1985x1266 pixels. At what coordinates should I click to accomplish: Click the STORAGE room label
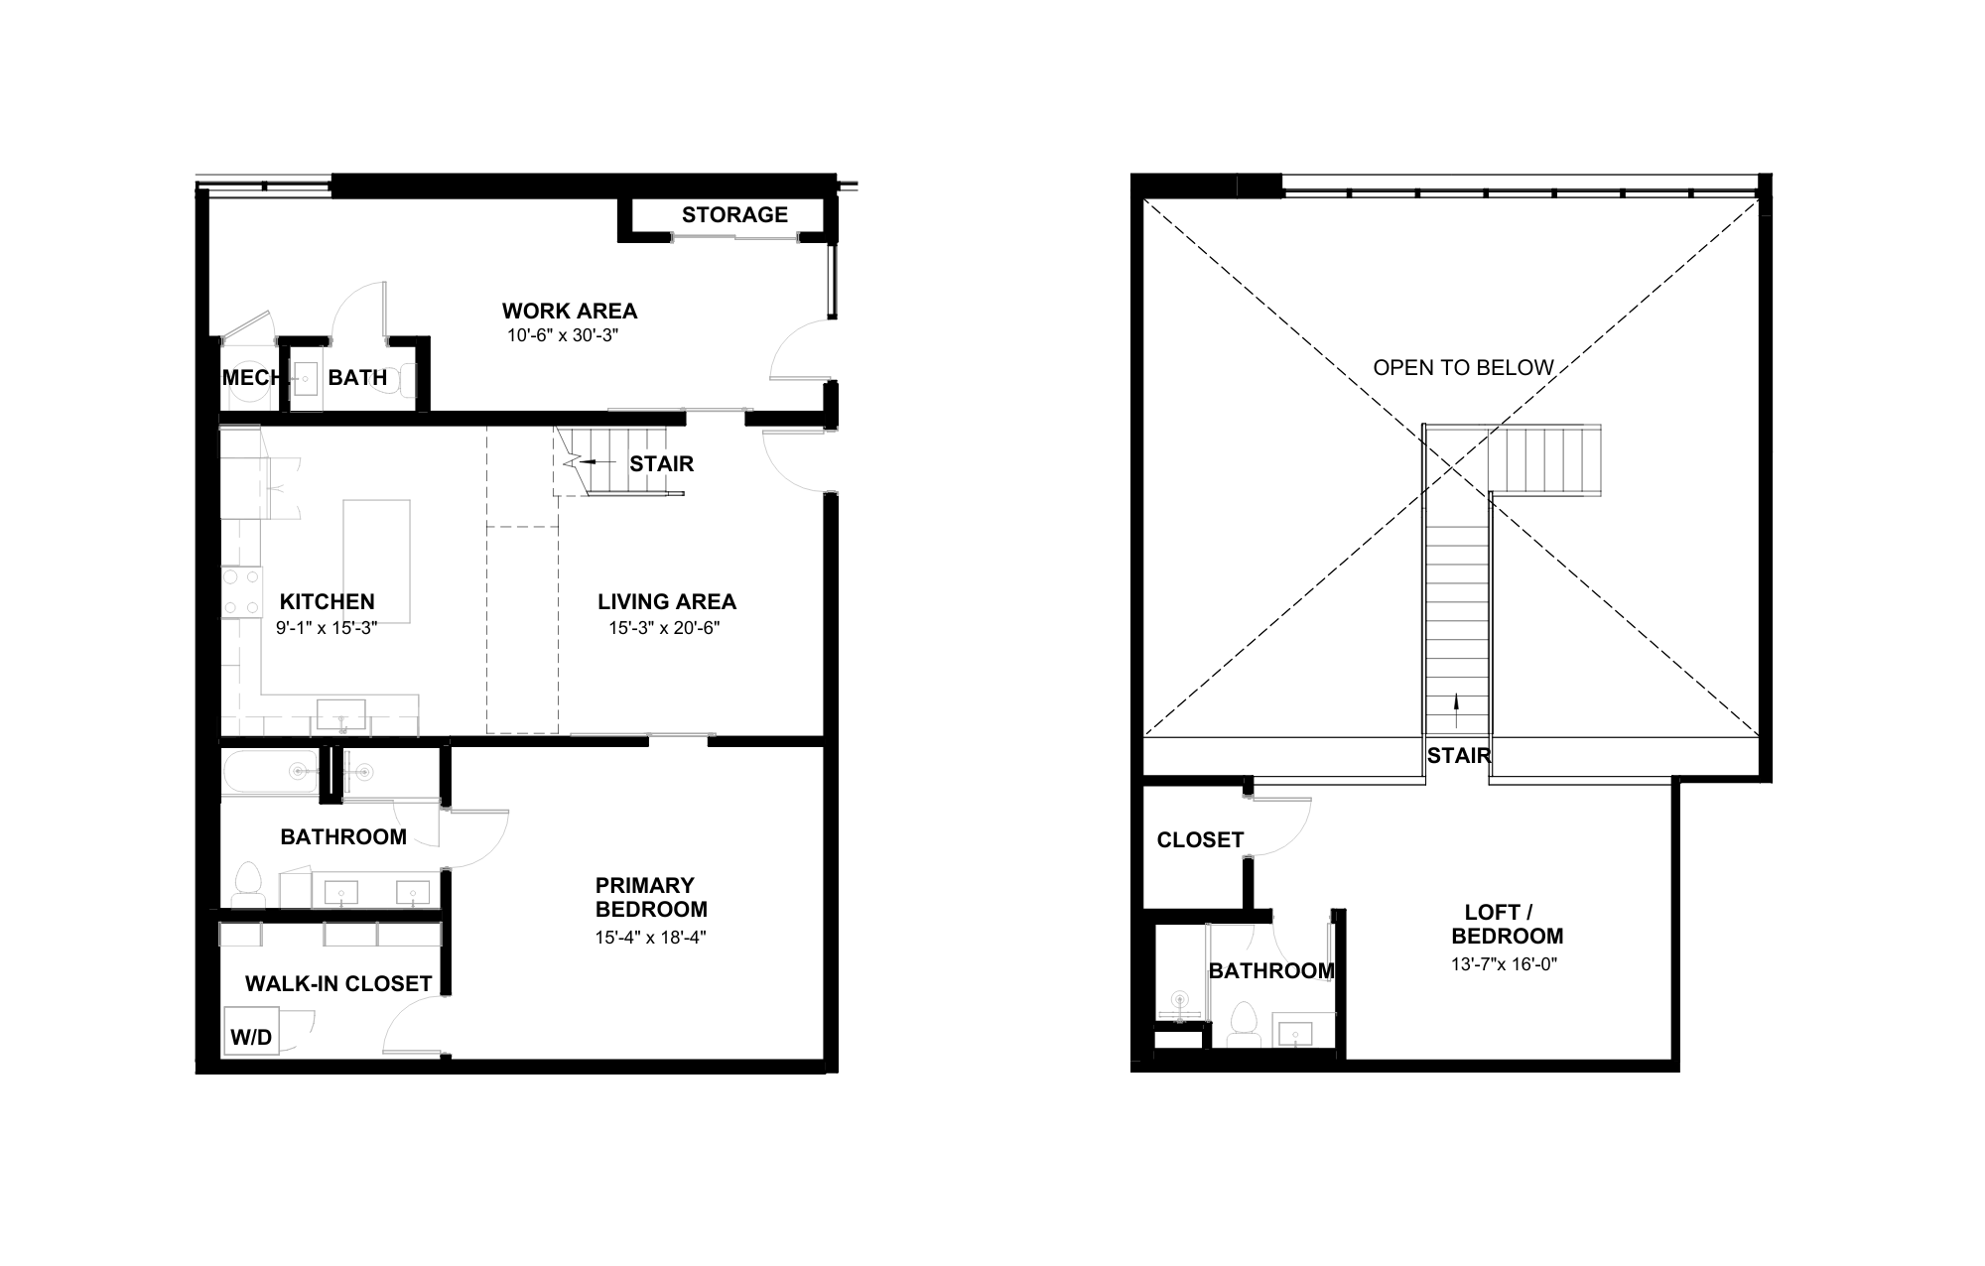pyautogui.click(x=734, y=215)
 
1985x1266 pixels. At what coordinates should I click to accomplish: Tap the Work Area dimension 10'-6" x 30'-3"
pyautogui.click(x=563, y=335)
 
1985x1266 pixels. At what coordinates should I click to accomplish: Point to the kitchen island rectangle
pyautogui.click(x=376, y=548)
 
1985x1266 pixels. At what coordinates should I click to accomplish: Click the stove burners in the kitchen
pyautogui.click(x=240, y=591)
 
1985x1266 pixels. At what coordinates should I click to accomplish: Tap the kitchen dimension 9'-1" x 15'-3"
pyautogui.click(x=327, y=628)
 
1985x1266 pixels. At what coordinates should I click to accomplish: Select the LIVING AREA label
pyautogui.click(x=666, y=601)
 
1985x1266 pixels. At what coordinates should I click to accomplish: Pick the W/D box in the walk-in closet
pyautogui.click(x=251, y=1036)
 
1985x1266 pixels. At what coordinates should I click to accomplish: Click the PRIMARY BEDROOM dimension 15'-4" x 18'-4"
pyautogui.click(x=650, y=937)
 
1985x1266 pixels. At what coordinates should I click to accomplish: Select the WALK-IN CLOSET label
pyautogui.click(x=338, y=983)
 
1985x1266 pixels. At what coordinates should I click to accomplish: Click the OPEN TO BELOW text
pyautogui.click(x=1463, y=368)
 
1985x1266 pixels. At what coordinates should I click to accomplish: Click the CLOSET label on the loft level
pyautogui.click(x=1200, y=840)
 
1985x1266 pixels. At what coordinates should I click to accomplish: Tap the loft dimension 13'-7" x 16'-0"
pyautogui.click(x=1504, y=963)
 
